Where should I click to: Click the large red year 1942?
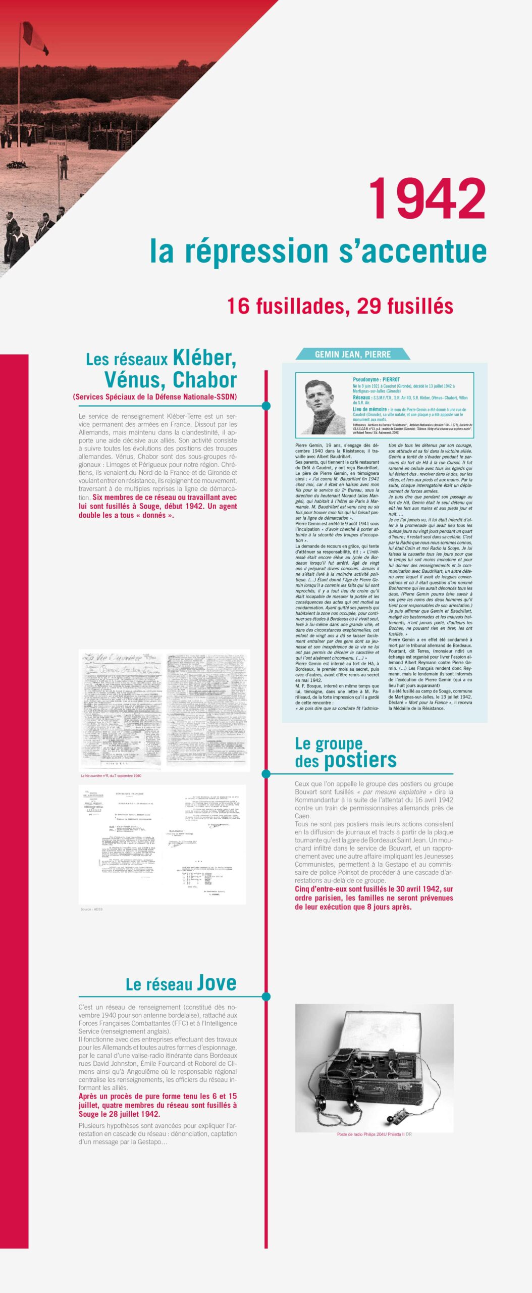tap(427, 200)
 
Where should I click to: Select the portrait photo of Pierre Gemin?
tap(323, 406)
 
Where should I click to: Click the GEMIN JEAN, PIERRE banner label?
tap(352, 354)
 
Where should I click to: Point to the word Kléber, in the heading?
tap(204, 358)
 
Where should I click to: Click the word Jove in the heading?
tap(217, 982)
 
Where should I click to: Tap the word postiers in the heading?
tap(360, 760)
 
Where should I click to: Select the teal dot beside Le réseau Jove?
tap(266, 997)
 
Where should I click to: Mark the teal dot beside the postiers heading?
tap(266, 774)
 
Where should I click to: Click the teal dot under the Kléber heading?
tap(266, 406)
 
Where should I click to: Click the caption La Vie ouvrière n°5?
tap(111, 776)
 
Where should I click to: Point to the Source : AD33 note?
tap(91, 909)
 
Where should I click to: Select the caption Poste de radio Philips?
tap(371, 1134)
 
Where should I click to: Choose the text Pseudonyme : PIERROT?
tap(376, 379)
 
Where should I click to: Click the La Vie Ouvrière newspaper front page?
tap(122, 709)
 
